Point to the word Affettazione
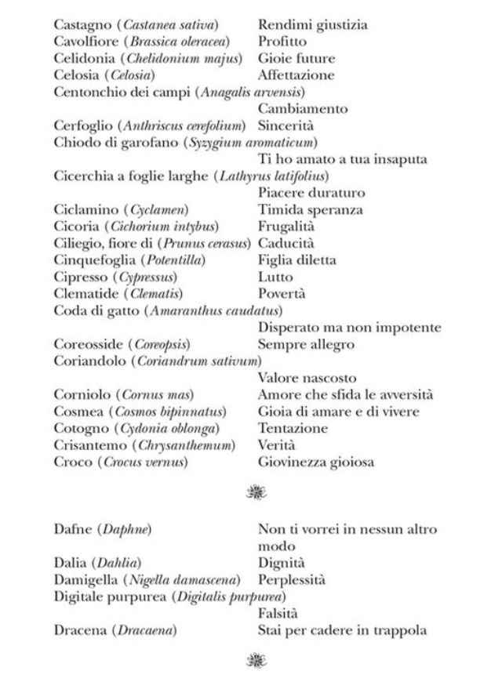click(296, 75)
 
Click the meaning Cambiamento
click(303, 109)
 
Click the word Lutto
click(275, 277)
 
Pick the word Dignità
click(282, 563)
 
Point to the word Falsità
click(278, 613)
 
